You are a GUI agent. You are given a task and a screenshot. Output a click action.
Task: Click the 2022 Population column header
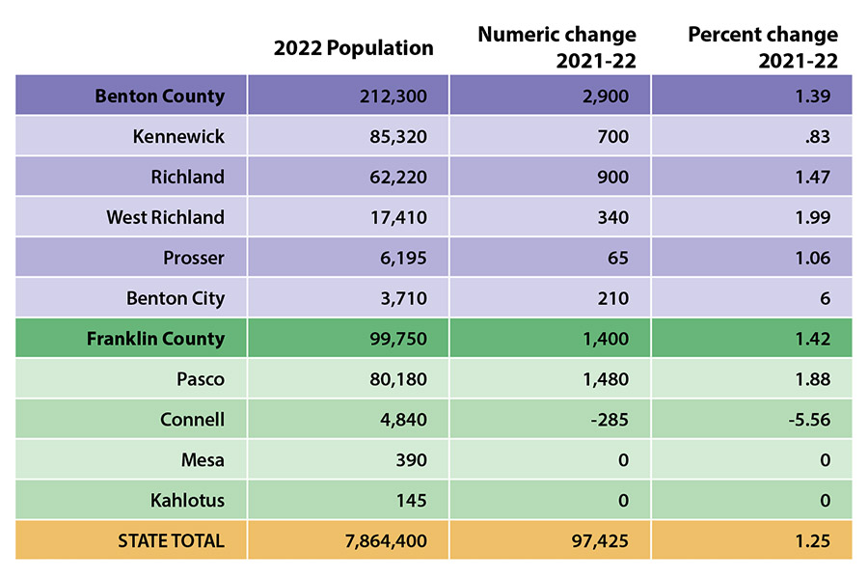[354, 47]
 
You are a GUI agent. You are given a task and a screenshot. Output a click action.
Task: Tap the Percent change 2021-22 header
[763, 47]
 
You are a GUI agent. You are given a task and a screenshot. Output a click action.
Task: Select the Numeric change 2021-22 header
[557, 47]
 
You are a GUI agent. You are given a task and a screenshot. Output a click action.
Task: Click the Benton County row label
[159, 96]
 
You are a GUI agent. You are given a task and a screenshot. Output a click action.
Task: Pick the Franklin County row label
[155, 339]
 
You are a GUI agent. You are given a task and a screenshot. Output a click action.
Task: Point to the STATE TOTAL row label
[171, 540]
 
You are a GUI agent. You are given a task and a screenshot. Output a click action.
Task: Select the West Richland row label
[165, 217]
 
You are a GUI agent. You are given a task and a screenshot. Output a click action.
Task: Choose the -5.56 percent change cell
[807, 420]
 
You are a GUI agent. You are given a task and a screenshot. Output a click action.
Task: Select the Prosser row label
[194, 258]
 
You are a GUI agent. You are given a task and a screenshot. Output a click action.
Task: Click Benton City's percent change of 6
[825, 298]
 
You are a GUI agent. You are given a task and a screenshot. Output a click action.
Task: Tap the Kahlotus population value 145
[409, 500]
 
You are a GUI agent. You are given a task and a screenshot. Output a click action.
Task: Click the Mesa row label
[203, 460]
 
